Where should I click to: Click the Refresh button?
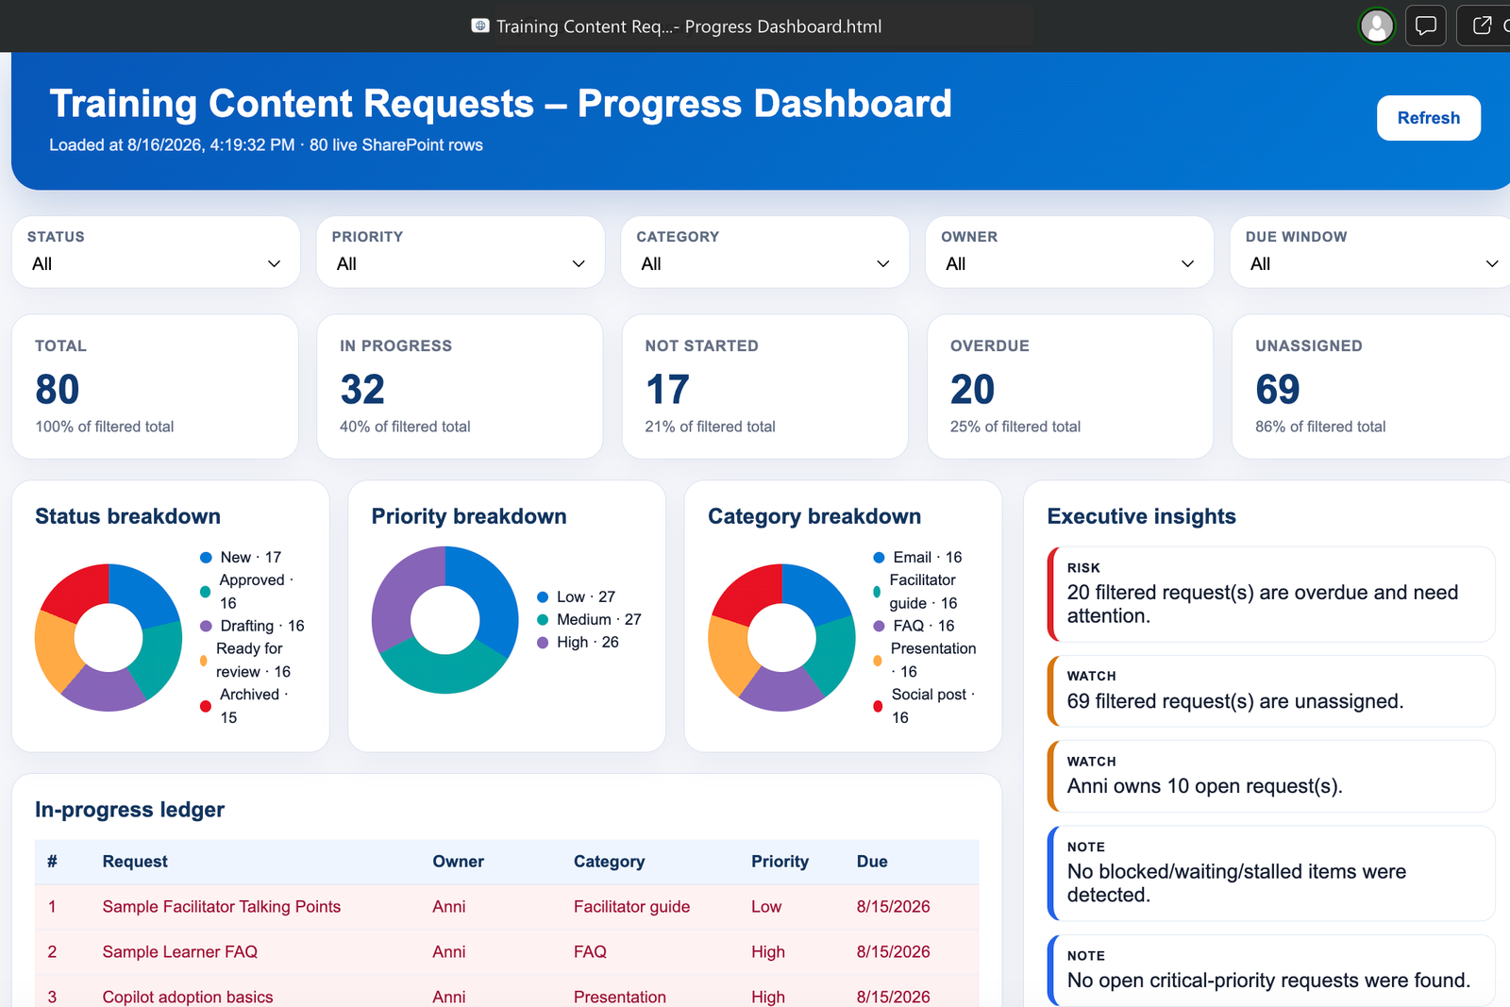(x=1428, y=118)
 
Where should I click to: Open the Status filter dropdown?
(x=156, y=252)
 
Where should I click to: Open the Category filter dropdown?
(x=764, y=252)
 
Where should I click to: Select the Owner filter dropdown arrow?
(x=1187, y=263)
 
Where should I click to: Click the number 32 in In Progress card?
(x=362, y=389)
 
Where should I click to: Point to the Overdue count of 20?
(x=972, y=389)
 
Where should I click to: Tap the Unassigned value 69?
(x=1277, y=389)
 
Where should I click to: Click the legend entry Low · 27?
(x=577, y=596)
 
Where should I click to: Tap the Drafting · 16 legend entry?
(x=253, y=626)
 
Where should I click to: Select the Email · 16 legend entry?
(x=917, y=558)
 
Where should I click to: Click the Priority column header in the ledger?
(x=780, y=862)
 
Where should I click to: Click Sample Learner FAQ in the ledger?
(x=180, y=951)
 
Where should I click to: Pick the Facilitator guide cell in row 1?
(x=631, y=907)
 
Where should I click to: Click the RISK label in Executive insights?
(x=1083, y=567)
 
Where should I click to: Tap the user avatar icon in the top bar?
(x=1377, y=26)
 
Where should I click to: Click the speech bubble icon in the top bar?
(x=1426, y=26)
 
